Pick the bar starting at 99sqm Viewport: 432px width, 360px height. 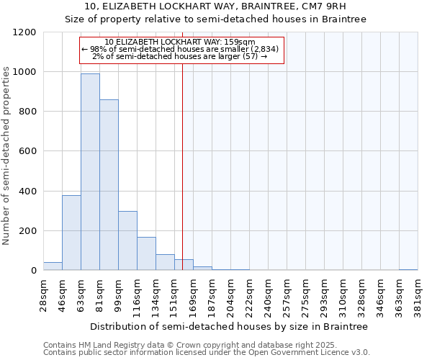coord(127,241)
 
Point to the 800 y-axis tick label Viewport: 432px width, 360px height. coord(27,112)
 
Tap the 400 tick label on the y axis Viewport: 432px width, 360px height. coord(27,192)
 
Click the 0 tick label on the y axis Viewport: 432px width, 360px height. coord(33,271)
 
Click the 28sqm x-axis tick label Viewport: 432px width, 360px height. coord(47,294)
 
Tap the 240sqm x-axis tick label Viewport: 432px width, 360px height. coord(268,296)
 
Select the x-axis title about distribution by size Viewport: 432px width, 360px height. coord(229,327)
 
